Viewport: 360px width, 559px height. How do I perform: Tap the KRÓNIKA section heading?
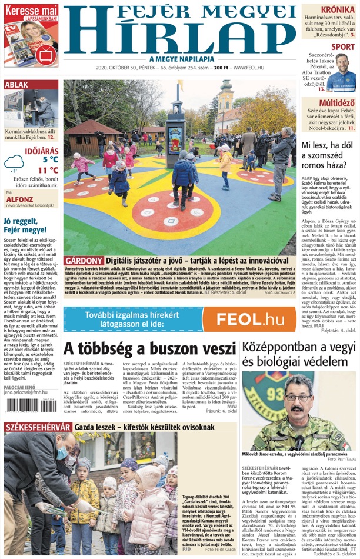pos(337,9)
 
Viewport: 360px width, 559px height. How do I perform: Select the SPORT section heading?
pos(342,46)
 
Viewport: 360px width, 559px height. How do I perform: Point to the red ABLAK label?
pos(16,85)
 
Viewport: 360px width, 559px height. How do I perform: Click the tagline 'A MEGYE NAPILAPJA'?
pos(179,59)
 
